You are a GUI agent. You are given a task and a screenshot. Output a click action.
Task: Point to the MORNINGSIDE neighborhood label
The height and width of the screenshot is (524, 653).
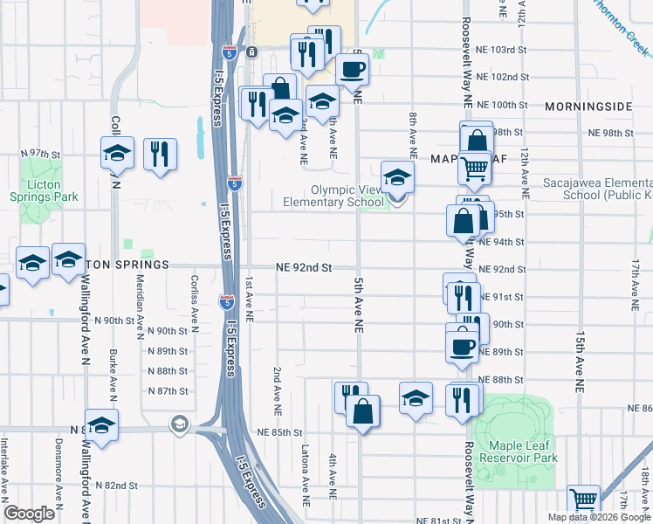(x=588, y=107)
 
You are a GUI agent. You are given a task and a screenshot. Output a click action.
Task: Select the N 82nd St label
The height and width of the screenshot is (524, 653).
(x=118, y=485)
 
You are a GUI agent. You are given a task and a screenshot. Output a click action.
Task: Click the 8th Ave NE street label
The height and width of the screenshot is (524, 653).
(x=412, y=134)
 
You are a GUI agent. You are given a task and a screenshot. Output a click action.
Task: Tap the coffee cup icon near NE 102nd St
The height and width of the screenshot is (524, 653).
(x=353, y=69)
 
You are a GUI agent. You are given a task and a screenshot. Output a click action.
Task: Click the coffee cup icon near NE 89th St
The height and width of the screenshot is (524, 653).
(x=462, y=344)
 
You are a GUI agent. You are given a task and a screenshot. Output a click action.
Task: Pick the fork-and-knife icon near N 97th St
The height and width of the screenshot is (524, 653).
(x=160, y=154)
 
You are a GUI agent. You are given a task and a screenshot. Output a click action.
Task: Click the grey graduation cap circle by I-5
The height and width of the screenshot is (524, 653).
(x=180, y=424)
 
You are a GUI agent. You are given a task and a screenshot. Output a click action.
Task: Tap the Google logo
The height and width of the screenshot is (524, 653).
(x=30, y=514)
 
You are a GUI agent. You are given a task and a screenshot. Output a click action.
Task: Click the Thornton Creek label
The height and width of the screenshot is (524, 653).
(x=621, y=29)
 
